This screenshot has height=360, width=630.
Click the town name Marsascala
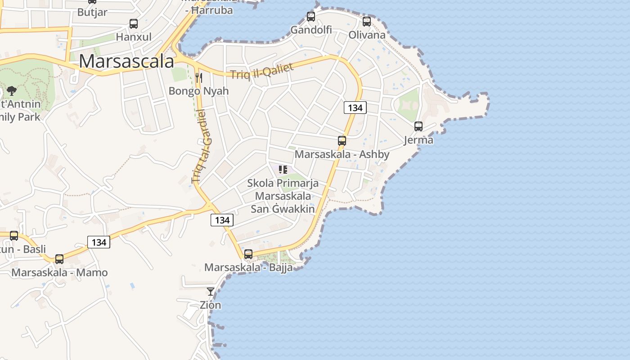point(126,62)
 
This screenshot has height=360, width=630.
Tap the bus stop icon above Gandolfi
point(311,17)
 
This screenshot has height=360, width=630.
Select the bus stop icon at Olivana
point(367,21)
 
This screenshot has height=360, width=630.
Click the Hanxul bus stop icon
point(134,24)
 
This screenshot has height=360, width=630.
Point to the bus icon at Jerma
point(418,126)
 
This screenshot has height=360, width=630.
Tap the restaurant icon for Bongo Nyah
point(199,78)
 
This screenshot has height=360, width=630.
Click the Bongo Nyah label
point(198,91)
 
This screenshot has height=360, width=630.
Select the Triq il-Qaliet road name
point(261,71)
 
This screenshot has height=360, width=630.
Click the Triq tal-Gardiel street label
point(201,146)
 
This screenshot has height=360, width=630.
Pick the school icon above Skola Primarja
point(283,170)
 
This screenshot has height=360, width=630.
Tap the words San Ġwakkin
point(283,209)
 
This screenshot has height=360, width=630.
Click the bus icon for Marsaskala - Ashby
point(342,141)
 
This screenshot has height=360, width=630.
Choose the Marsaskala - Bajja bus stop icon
point(248,254)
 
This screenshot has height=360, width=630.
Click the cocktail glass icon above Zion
point(211,292)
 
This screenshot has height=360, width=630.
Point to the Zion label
point(211,305)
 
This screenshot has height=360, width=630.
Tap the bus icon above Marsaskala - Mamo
point(59,259)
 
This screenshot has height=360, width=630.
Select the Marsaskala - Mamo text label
point(59,272)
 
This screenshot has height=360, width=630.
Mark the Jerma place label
point(418,140)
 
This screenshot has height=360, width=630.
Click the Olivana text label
point(367,35)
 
